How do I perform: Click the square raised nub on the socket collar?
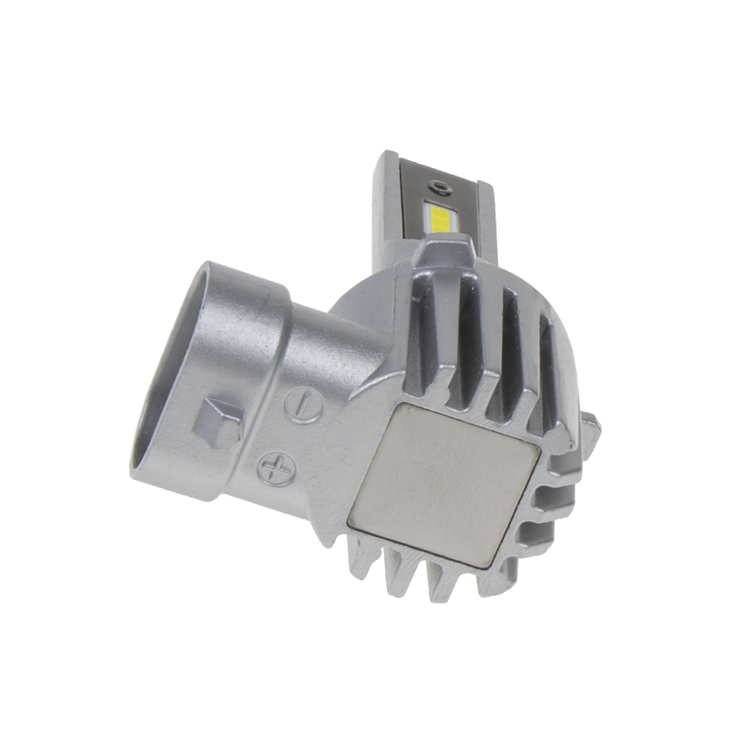(x=216, y=424)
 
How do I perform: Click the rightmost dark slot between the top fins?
(x=548, y=364)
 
